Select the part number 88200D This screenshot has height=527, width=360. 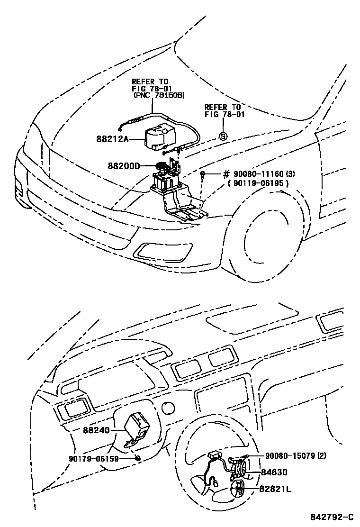pyautogui.click(x=124, y=166)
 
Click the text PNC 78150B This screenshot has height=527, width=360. pyautogui.click(x=159, y=96)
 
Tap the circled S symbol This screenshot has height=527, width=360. pyautogui.click(x=223, y=136)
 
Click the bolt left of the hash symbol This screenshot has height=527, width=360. pyautogui.click(x=202, y=175)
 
